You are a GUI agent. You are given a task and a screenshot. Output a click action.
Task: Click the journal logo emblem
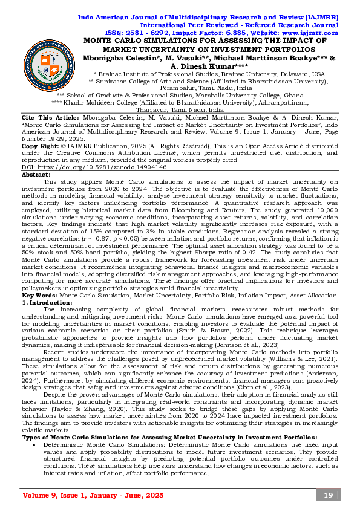point(49,65)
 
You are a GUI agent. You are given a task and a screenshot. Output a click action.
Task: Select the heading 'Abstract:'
point(36,173)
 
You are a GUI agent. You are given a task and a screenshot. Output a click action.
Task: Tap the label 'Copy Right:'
point(39,146)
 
